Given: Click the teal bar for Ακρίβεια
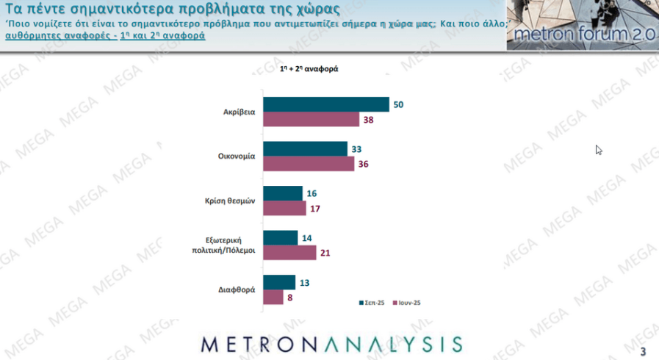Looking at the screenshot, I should (x=325, y=104).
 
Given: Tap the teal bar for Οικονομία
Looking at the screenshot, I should (x=305, y=149).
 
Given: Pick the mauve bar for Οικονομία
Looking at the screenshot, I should (x=308, y=164).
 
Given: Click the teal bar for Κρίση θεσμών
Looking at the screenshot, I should (x=283, y=193).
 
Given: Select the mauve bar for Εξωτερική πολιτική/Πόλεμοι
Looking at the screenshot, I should (x=289, y=253).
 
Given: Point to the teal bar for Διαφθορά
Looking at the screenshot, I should (x=279, y=282).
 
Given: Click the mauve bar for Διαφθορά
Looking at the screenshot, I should (x=273, y=297).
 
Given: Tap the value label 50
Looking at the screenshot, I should (x=399, y=104).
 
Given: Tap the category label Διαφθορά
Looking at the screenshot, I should (x=236, y=289).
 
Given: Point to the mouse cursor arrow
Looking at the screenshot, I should (x=599, y=150).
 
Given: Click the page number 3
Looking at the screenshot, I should (x=644, y=350).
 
